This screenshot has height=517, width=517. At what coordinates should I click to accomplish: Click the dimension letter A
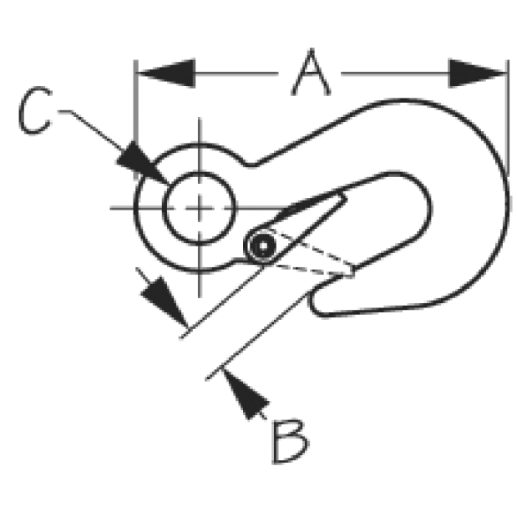coord(311,73)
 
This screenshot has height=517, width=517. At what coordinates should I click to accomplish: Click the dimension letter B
coord(290,442)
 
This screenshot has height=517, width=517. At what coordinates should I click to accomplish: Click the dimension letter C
coord(35,110)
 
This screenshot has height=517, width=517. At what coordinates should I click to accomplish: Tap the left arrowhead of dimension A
coord(166,73)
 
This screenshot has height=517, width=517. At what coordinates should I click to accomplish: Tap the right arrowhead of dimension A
coord(478,73)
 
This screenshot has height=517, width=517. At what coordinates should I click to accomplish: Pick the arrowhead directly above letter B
coord(246,394)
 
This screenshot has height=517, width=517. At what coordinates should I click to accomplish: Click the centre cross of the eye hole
coord(199,208)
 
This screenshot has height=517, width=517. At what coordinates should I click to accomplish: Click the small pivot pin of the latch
coord(263,246)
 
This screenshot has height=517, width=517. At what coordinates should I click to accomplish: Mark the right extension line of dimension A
coord(508,118)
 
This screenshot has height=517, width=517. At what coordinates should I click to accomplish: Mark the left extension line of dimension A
coord(135,119)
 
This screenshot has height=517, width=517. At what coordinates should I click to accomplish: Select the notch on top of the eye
coord(251,163)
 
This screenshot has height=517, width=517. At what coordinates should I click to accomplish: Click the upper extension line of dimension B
coord(222,302)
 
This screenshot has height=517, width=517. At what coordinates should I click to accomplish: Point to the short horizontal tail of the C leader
coord(64,111)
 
